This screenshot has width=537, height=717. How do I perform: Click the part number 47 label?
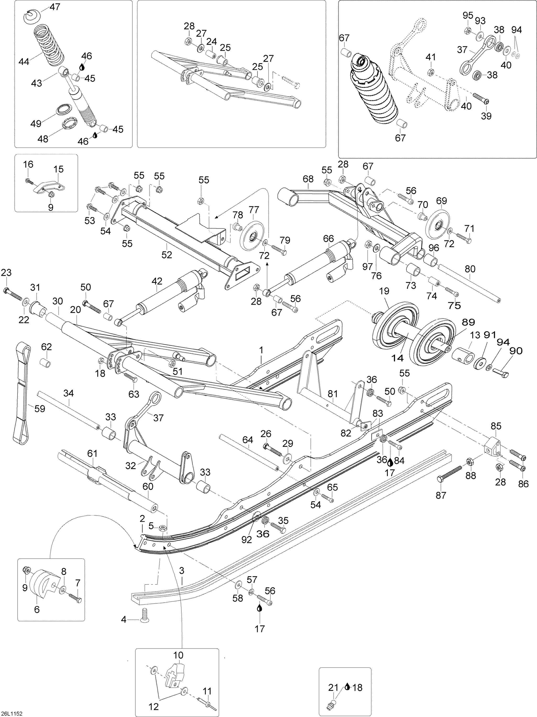point(55,7)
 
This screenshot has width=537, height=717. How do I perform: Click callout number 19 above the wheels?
point(384,291)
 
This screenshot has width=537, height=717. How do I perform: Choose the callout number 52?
point(167,255)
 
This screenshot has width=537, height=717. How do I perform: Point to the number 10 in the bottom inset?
point(178,655)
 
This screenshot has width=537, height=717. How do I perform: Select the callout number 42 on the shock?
point(157,281)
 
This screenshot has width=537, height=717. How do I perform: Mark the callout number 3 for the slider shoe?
point(182,570)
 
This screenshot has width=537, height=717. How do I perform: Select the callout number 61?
point(93,453)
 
